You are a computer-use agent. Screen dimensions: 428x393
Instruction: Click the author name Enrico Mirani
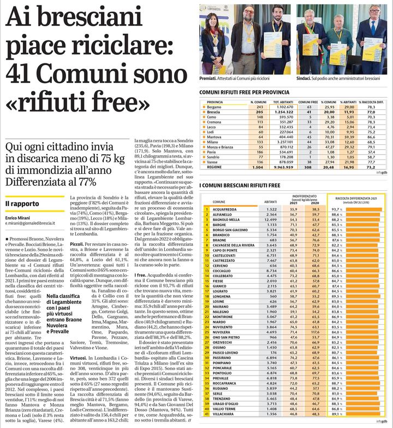(x=19, y=218)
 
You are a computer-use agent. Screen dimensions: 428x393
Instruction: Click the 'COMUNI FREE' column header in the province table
(x=309, y=102)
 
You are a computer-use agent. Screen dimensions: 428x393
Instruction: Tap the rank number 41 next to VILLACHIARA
(x=207, y=414)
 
